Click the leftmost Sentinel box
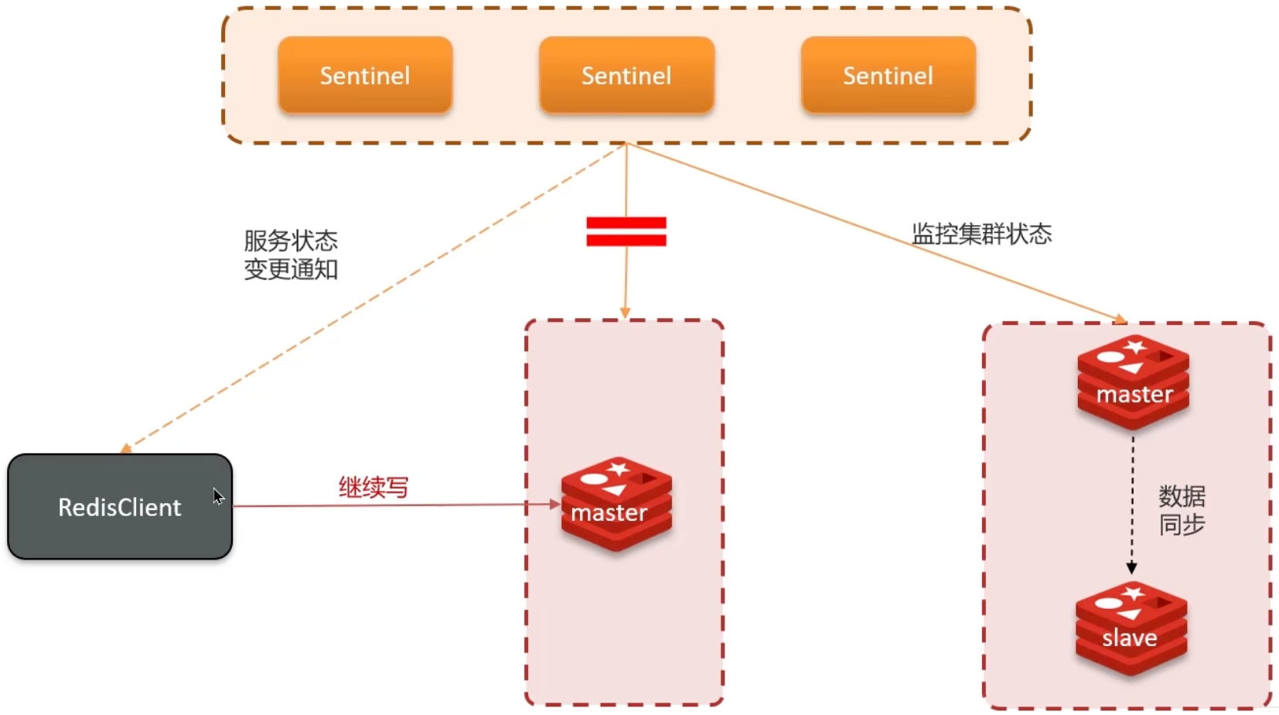click(365, 75)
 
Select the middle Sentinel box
click(626, 75)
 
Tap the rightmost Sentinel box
click(888, 75)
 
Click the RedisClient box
click(120, 507)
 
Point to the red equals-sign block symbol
click(626, 231)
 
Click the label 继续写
click(373, 487)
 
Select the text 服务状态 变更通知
click(291, 255)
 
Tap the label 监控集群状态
click(981, 234)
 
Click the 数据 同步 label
click(1182, 510)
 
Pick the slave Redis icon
click(1131, 628)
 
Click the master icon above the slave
click(1134, 381)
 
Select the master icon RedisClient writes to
click(616, 503)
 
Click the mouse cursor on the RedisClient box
click(218, 496)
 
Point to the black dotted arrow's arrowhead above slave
click(1132, 568)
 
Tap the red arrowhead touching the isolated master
click(554, 505)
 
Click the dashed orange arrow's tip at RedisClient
click(125, 449)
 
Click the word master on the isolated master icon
click(609, 513)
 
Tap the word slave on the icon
click(1130, 638)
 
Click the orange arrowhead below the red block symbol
click(626, 313)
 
